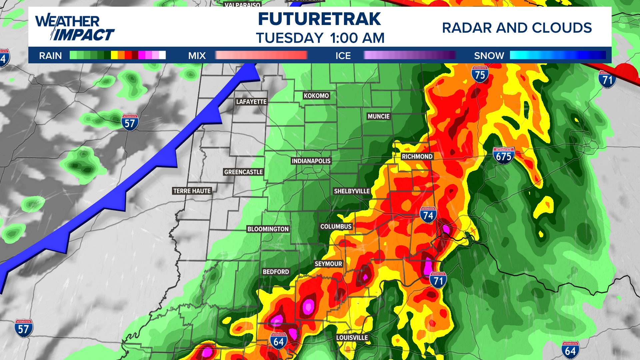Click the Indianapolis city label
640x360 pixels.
pyautogui.click(x=311, y=161)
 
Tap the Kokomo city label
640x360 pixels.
pyautogui.click(x=316, y=96)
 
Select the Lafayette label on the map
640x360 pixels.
pyautogui.click(x=251, y=102)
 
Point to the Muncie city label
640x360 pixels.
pyautogui.click(x=378, y=116)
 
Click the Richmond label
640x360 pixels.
pyautogui.click(x=417, y=156)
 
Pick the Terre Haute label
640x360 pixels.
pyautogui.click(x=192, y=191)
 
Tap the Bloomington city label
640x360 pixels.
pyautogui.click(x=268, y=229)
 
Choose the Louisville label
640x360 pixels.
pyautogui.click(x=352, y=338)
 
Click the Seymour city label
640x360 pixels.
pyautogui.click(x=328, y=264)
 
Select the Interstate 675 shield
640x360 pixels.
pyautogui.click(x=503, y=156)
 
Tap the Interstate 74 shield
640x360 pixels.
pyautogui.click(x=428, y=215)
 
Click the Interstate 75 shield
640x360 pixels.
pyautogui.click(x=480, y=74)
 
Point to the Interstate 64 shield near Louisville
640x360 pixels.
pyautogui.click(x=278, y=341)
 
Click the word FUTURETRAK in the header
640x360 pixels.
pyautogui.click(x=319, y=19)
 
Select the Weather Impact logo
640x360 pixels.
pyautogui.click(x=75, y=28)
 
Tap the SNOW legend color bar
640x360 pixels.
pyautogui.click(x=558, y=55)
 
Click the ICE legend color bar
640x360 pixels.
pyautogui.click(x=409, y=55)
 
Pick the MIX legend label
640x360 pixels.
pyautogui.click(x=197, y=56)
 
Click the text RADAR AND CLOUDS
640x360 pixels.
pyautogui.click(x=517, y=28)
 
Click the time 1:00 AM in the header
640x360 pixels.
pyautogui.click(x=357, y=38)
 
